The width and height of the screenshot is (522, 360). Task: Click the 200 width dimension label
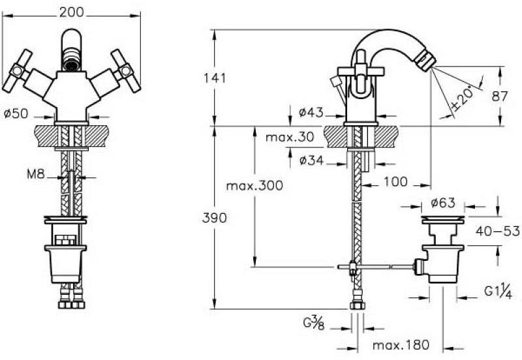pyautogui.click(x=71, y=12)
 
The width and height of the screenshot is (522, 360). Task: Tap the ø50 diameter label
pyautogui.click(x=16, y=113)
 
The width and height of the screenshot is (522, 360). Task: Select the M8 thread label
pyautogui.click(x=36, y=173)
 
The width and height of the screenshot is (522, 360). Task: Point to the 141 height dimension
pyautogui.click(x=215, y=78)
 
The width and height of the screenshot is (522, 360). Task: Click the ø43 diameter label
pyautogui.click(x=311, y=112)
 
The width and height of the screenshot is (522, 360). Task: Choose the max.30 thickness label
pyautogui.click(x=290, y=137)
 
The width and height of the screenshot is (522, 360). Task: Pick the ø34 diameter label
pyautogui.click(x=311, y=160)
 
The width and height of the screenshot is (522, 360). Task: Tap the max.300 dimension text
pyautogui.click(x=254, y=186)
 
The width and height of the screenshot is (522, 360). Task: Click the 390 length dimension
pyautogui.click(x=215, y=218)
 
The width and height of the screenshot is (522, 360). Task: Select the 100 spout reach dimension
pyautogui.click(x=395, y=182)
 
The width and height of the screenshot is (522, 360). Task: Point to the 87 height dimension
pyautogui.click(x=500, y=97)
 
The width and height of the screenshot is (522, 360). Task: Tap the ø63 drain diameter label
pyautogui.click(x=443, y=203)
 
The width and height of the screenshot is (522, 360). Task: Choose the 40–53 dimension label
pyautogui.click(x=497, y=231)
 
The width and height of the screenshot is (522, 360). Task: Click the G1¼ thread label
pyautogui.click(x=498, y=292)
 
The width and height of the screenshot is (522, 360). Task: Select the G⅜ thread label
pyautogui.click(x=314, y=323)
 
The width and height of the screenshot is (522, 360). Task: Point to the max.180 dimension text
pyautogui.click(x=401, y=345)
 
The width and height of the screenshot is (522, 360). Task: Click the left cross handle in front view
pyautogui.click(x=17, y=70)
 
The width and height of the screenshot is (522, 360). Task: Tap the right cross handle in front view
pyautogui.click(x=126, y=70)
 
